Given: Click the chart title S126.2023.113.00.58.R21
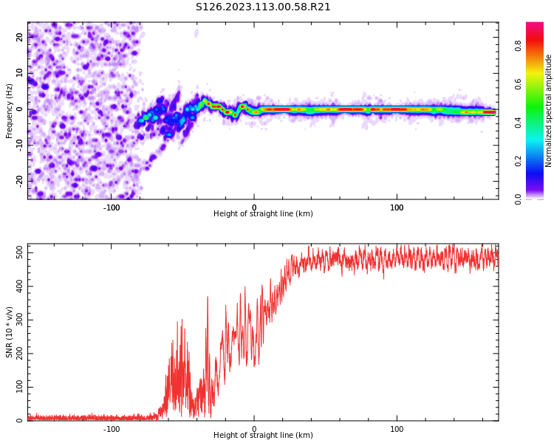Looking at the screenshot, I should pos(263,7).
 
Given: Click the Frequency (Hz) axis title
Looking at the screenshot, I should pos(10,110).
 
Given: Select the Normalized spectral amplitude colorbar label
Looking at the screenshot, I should pos(549,111).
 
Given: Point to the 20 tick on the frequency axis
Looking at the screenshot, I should pos(21,38).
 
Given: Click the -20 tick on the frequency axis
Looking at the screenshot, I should pos(21,180).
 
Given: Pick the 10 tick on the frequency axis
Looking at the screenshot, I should pos(21,74).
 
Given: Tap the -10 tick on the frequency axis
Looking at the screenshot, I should pos(21,145).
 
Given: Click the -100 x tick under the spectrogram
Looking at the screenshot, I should pos(112,207).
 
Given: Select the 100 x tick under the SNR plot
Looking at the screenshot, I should pos(397,429).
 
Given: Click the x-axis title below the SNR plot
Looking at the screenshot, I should pos(263,436).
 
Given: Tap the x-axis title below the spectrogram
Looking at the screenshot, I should pos(263,214).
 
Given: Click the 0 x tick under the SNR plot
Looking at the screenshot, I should pos(254,429).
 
